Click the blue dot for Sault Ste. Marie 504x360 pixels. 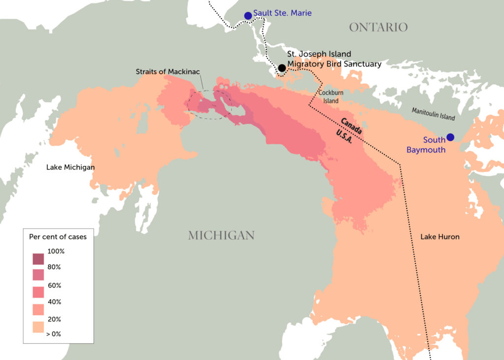pyautogui.click(x=248, y=16)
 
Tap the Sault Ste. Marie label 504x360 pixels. pyautogui.click(x=283, y=13)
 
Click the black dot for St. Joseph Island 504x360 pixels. pyautogui.click(x=282, y=68)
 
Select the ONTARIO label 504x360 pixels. pyautogui.click(x=378, y=27)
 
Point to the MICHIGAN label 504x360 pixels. pyautogui.click(x=221, y=235)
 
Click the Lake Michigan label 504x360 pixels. pyautogui.click(x=70, y=167)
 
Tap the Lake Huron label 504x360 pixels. pyautogui.click(x=440, y=237)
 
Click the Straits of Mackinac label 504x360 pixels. pyautogui.click(x=168, y=72)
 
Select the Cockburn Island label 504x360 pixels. pyautogui.click(x=331, y=97)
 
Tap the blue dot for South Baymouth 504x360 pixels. pyautogui.click(x=450, y=137)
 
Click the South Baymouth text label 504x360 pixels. pyautogui.click(x=426, y=145)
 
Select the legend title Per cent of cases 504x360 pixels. pyautogui.click(x=58, y=237)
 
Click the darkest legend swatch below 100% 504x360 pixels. pyautogui.click(x=38, y=259)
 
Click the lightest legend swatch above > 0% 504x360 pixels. pyautogui.click(x=38, y=327)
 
